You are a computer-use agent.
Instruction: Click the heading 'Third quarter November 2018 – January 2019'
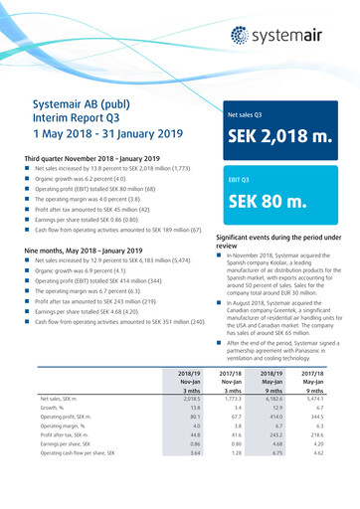pyautogui.click(x=90, y=157)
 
